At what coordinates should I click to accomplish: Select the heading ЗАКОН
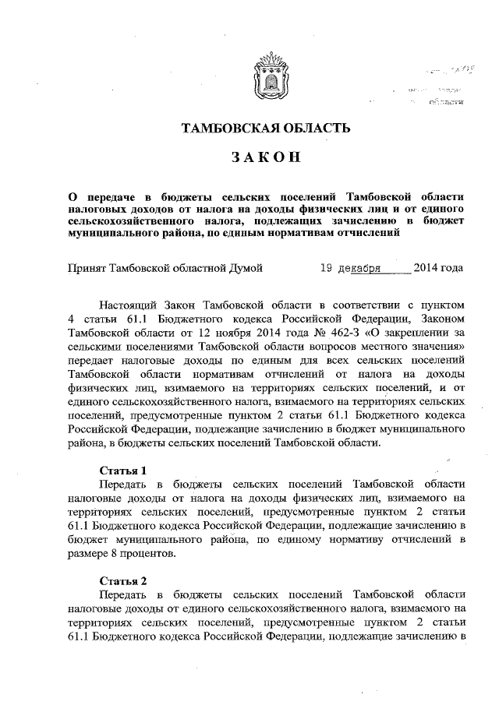[x=266, y=158]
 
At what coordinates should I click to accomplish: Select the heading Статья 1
[x=124, y=471]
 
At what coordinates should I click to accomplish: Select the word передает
[x=94, y=361]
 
